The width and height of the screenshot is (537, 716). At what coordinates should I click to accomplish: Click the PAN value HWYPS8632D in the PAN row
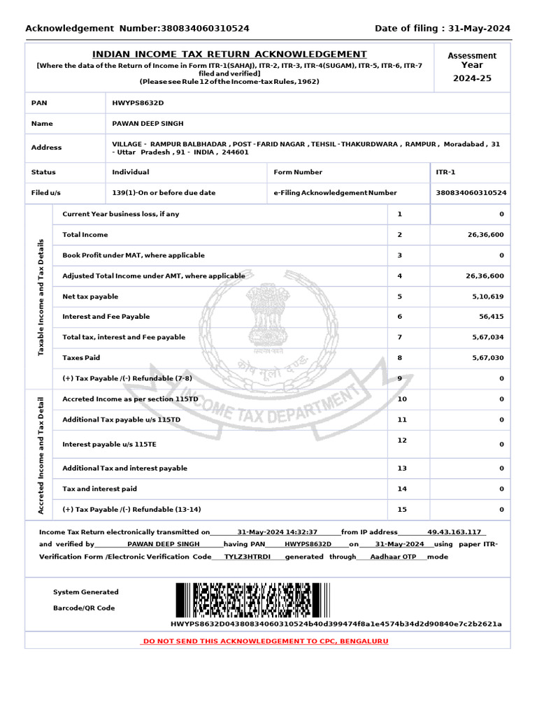[x=138, y=103]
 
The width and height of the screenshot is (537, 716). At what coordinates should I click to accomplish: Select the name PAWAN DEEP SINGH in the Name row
[x=148, y=124]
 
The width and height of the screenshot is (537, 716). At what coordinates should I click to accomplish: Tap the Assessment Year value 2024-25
[x=472, y=78]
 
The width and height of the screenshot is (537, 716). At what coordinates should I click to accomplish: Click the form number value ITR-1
[x=445, y=172]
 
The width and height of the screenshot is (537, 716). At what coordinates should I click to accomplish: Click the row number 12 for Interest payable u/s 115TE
[x=401, y=440]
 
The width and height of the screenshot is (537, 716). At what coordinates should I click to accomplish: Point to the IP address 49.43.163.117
[x=454, y=532]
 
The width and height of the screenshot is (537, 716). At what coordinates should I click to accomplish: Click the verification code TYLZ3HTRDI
[x=247, y=557]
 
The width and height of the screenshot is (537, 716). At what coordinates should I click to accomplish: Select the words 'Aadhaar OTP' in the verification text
[x=393, y=557]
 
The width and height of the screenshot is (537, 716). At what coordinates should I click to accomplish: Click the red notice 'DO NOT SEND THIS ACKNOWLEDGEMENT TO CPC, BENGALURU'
[x=265, y=641]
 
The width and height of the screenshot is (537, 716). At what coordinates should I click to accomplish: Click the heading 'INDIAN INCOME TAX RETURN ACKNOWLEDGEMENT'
[x=229, y=55]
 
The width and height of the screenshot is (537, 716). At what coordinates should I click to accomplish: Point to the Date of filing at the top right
[x=442, y=29]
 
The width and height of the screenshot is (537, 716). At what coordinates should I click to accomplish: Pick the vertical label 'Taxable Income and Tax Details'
[x=41, y=296]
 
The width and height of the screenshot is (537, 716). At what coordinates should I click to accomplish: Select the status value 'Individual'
[x=130, y=172]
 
